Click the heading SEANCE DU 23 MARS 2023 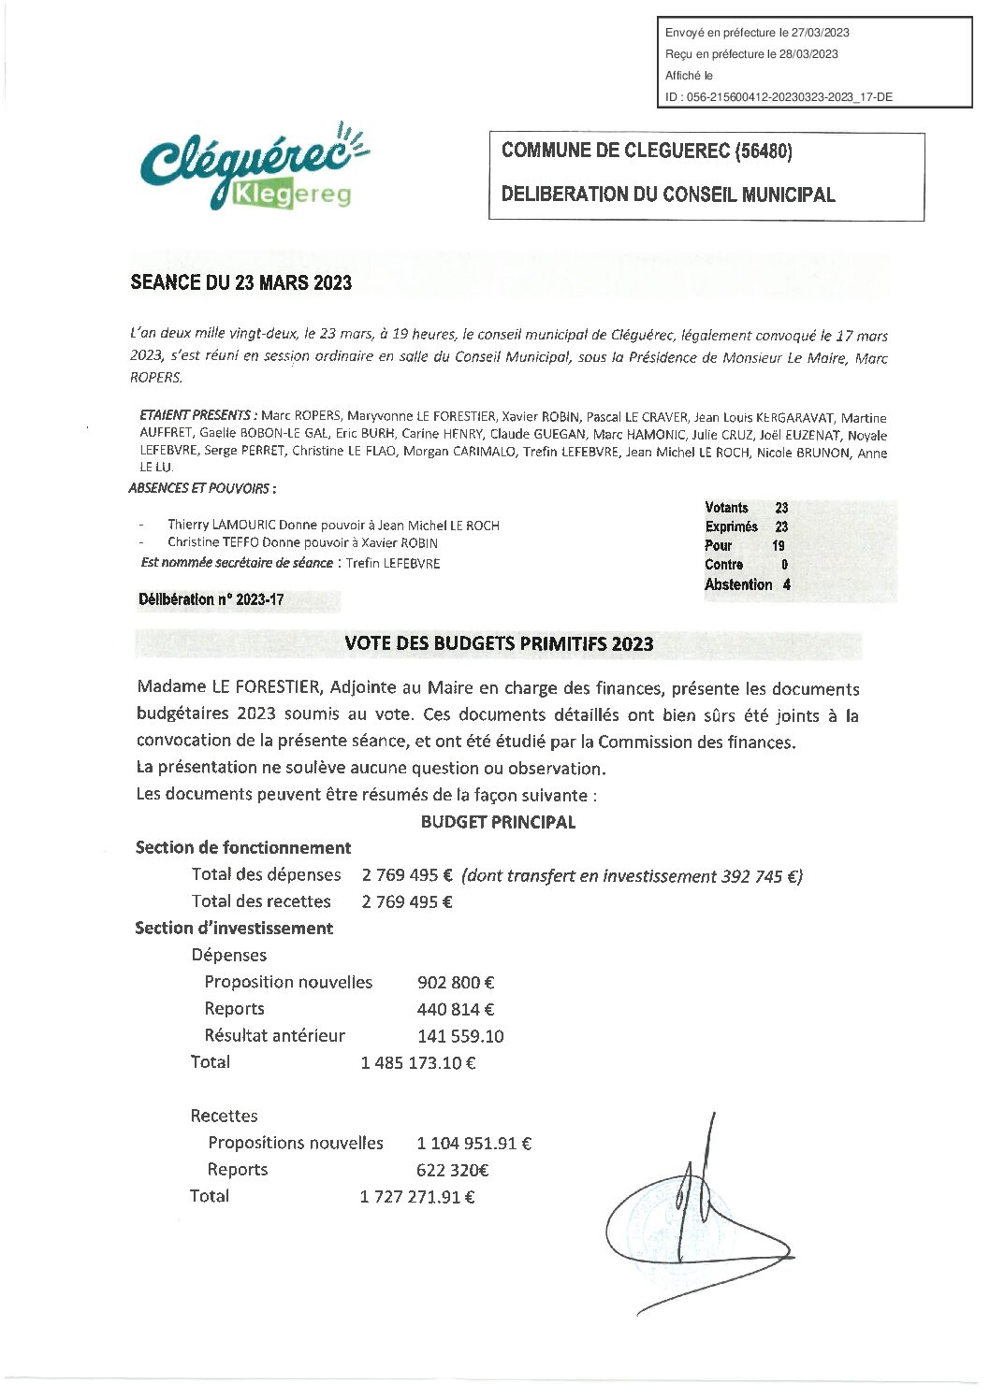(241, 282)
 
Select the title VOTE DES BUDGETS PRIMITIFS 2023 (499, 643)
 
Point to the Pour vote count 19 (779, 545)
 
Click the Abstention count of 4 (786, 584)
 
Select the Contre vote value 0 (784, 565)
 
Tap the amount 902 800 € (456, 982)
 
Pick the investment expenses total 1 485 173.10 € (418, 1062)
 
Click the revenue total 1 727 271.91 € (417, 1196)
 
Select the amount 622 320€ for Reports (453, 1170)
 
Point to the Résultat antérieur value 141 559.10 (460, 1036)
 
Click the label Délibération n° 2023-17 (211, 600)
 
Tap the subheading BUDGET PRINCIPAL (498, 822)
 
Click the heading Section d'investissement (234, 928)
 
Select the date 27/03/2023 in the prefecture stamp (820, 33)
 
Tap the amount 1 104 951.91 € (474, 1143)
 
